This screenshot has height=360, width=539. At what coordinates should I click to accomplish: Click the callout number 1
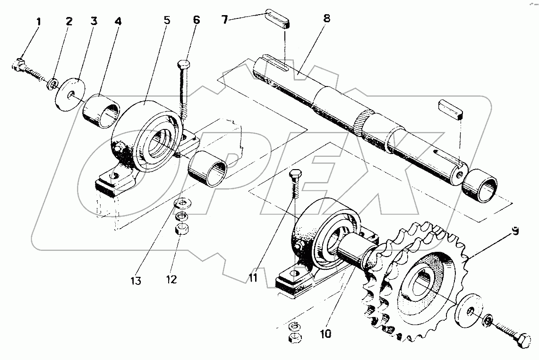click(x=39, y=22)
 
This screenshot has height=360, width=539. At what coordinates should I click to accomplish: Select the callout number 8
click(x=326, y=18)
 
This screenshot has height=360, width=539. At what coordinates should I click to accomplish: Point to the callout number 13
click(x=136, y=281)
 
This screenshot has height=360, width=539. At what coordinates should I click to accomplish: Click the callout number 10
click(x=326, y=334)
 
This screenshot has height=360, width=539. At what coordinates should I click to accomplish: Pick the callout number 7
click(x=225, y=20)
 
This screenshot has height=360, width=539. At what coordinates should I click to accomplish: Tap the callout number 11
click(x=253, y=277)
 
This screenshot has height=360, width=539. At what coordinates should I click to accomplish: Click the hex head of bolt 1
click(x=18, y=64)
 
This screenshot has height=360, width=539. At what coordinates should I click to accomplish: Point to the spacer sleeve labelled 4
click(x=101, y=111)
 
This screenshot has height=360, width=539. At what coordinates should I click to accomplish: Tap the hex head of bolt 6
click(x=184, y=64)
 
